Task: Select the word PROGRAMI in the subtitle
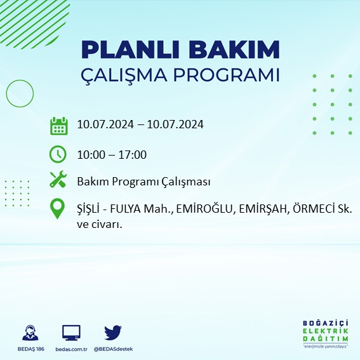[x=232, y=74]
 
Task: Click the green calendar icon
[x=58, y=125]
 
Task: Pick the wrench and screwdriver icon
[x=58, y=181]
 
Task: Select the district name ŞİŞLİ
[x=90, y=209]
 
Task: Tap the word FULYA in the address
[x=130, y=209]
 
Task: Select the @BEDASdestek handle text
[x=113, y=349]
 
